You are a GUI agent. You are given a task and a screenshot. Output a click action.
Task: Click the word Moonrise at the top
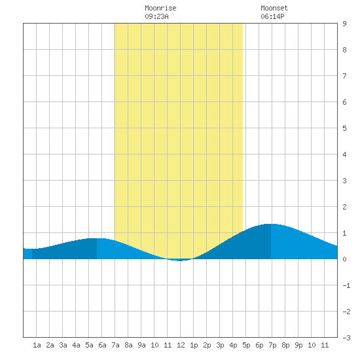pyautogui.click(x=160, y=8)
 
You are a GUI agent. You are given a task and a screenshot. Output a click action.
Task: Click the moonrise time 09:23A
pyautogui.click(x=156, y=16)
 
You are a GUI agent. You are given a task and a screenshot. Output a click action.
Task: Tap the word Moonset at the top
pyautogui.click(x=274, y=8)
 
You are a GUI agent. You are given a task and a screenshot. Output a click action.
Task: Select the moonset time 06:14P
pyautogui.click(x=272, y=16)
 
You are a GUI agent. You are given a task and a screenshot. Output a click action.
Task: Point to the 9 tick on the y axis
pyautogui.click(x=344, y=24)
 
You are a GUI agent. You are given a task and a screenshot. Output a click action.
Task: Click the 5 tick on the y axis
pyautogui.click(x=344, y=128)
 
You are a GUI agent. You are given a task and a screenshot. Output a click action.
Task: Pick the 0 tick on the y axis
pyautogui.click(x=344, y=259)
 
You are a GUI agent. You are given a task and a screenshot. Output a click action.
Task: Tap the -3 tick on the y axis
pyautogui.click(x=346, y=338)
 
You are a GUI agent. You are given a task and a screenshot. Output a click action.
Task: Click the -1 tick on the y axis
pyautogui.click(x=346, y=285)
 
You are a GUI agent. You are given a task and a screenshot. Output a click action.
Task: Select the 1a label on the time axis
pyautogui.click(x=37, y=345)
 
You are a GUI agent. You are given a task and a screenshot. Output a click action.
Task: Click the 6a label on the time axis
pyautogui.click(x=102, y=345)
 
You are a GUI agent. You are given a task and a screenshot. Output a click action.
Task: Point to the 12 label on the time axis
pyautogui.click(x=181, y=345)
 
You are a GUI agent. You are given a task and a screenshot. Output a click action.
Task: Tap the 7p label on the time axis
pyautogui.click(x=272, y=345)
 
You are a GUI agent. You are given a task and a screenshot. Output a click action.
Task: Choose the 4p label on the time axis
pyautogui.click(x=233, y=345)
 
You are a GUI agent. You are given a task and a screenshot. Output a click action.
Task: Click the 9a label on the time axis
pyautogui.click(x=141, y=345)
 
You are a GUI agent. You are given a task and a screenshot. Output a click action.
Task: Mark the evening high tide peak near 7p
pyautogui.click(x=271, y=224)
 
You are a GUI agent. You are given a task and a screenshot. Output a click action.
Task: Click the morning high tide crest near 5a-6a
pyautogui.click(x=96, y=239)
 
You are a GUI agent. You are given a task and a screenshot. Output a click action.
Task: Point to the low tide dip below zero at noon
pyautogui.click(x=180, y=260)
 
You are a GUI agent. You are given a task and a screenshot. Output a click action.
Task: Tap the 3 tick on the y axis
pyautogui.click(x=344, y=181)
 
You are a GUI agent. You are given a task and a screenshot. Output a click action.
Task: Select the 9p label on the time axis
pyautogui.click(x=298, y=345)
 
